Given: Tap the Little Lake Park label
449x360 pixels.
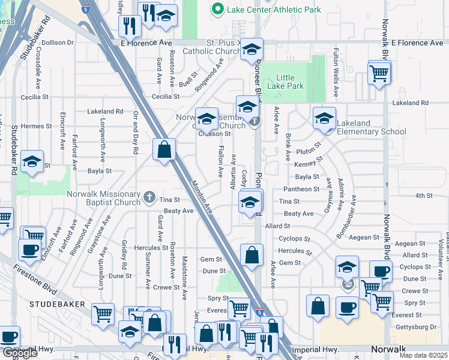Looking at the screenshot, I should click(289, 82).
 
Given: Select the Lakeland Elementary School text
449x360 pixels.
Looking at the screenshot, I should click(371, 127).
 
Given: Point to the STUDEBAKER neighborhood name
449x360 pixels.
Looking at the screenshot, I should click(57, 305).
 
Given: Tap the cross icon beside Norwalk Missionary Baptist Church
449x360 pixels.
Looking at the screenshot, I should click(150, 196).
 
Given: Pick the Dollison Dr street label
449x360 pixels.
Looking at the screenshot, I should click(58, 43).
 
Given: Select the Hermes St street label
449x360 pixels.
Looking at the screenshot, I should click(37, 127).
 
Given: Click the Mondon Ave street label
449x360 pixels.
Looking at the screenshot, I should click(203, 197).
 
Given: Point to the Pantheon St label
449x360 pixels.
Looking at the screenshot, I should click(301, 189).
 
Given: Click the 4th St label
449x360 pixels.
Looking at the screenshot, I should click(424, 196).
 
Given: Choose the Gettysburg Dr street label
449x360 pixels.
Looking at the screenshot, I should click(420, 328).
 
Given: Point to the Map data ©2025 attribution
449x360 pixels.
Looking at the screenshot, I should click(423, 355).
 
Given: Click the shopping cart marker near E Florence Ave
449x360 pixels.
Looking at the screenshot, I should click(379, 73).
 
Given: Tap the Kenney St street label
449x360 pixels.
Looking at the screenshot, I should click(309, 161).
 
